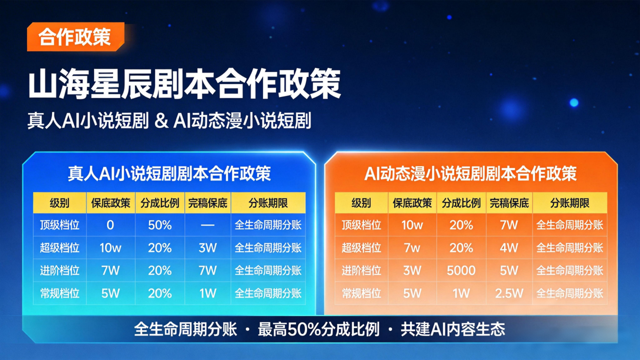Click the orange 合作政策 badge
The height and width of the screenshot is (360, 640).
click(x=76, y=37)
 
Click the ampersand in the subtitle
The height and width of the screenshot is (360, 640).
click(x=161, y=121)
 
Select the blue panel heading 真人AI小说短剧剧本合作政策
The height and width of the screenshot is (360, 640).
click(x=169, y=173)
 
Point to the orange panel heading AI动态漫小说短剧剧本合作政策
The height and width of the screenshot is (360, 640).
click(x=471, y=173)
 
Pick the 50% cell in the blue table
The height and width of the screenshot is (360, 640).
click(x=160, y=225)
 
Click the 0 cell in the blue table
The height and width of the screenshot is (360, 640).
click(x=110, y=225)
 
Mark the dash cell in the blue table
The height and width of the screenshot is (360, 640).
click(x=207, y=225)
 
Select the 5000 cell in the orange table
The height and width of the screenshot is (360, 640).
click(x=461, y=270)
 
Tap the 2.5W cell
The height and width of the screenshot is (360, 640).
click(x=509, y=293)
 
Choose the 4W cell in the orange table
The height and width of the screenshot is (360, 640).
click(x=509, y=248)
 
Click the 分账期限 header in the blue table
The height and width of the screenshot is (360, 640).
click(x=268, y=203)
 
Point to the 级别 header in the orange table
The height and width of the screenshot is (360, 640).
click(x=361, y=203)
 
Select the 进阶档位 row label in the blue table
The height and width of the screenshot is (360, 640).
click(x=60, y=270)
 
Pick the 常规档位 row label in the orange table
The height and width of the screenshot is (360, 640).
click(x=361, y=293)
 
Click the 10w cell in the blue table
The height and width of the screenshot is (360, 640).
click(x=110, y=248)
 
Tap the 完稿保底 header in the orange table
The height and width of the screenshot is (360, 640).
click(x=509, y=203)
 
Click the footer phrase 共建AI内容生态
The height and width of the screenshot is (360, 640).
click(x=453, y=329)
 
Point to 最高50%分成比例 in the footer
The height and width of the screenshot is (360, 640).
click(x=319, y=329)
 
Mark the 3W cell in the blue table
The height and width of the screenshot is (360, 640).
click(x=208, y=248)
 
